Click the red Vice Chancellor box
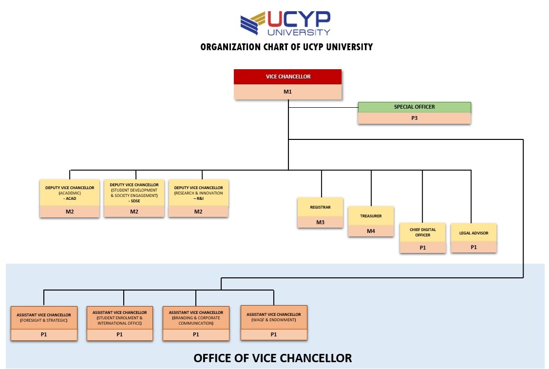(x=287, y=77)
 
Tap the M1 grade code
(x=287, y=92)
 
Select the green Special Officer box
(x=414, y=107)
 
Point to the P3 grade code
(x=414, y=118)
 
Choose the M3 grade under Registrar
(x=320, y=222)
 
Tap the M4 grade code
(x=371, y=231)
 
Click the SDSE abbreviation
(x=135, y=201)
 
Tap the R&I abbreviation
(x=200, y=198)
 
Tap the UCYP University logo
(x=285, y=23)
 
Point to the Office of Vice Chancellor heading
(x=273, y=358)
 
